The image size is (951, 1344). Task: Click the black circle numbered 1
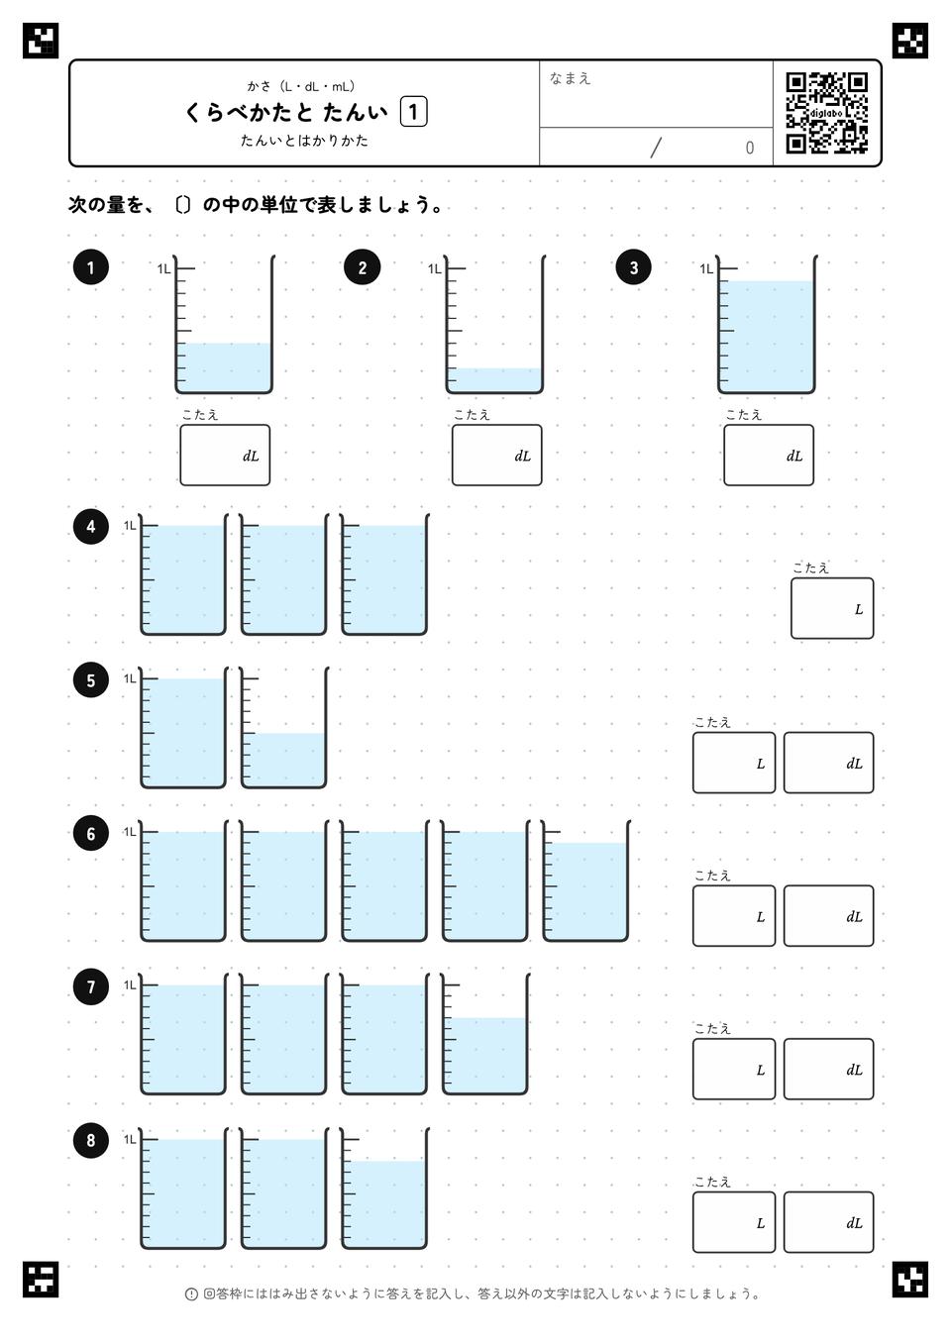click(90, 267)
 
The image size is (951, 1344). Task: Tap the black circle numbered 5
click(90, 680)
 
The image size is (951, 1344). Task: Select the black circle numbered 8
click(90, 1140)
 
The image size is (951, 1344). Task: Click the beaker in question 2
click(494, 325)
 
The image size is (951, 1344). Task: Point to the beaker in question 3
click(766, 325)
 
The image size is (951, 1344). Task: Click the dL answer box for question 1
click(225, 455)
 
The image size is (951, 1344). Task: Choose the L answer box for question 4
click(831, 608)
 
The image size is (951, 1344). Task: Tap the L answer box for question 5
click(734, 763)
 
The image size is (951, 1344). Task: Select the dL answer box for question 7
click(828, 1069)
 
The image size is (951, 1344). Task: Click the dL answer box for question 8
click(828, 1222)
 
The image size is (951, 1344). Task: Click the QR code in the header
click(827, 113)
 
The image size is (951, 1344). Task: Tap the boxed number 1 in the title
click(413, 112)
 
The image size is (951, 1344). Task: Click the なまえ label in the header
click(570, 78)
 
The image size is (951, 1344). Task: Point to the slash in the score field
click(656, 148)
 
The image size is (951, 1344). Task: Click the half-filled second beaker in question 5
click(283, 727)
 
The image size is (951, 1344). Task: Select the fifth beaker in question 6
click(585, 880)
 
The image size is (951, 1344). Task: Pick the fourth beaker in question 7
click(484, 1034)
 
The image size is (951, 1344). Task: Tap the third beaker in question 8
click(384, 1188)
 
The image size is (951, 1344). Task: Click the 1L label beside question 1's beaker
click(163, 268)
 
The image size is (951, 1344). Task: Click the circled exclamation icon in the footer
click(191, 1294)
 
